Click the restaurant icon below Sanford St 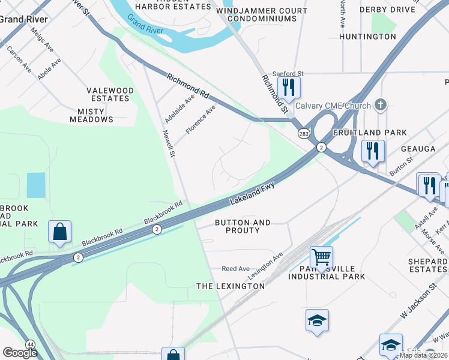point(289,88)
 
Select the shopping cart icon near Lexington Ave point(321,257)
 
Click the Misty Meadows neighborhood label point(91,115)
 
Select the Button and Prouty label point(243,226)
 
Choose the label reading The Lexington point(231,286)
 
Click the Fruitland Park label point(370,133)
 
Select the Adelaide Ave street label point(179,108)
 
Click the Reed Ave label point(235,269)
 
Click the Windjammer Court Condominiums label point(262,15)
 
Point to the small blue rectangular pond point(36,185)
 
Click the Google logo point(20,352)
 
